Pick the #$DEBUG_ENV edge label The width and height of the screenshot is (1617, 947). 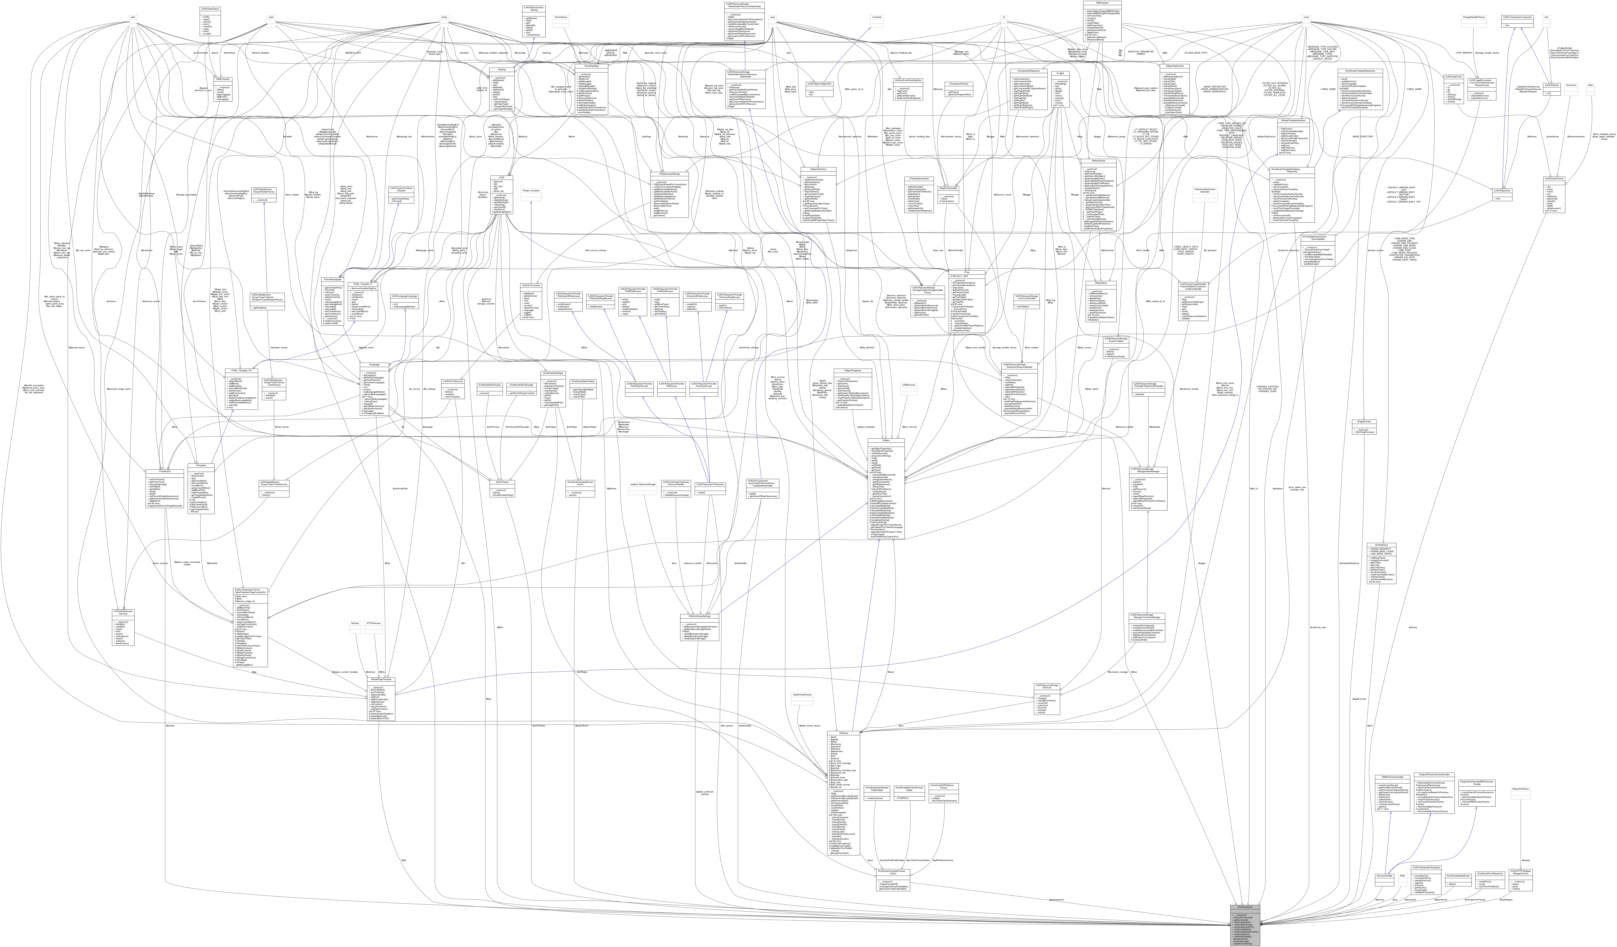pos(353,52)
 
